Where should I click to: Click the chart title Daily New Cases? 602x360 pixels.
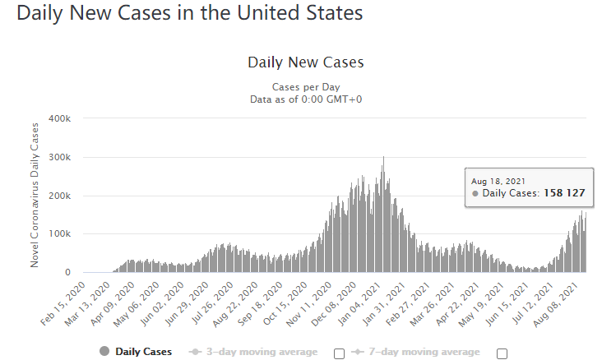(305, 62)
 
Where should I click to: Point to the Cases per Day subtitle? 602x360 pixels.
(306, 87)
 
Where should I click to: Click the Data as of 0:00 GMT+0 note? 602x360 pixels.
(306, 99)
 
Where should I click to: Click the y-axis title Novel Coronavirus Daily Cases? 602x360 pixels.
(35, 195)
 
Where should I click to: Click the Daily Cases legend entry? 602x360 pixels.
(136, 352)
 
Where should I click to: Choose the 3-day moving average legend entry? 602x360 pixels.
(253, 352)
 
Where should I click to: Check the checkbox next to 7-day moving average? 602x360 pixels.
(502, 353)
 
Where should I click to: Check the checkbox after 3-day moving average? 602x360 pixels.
(339, 353)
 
